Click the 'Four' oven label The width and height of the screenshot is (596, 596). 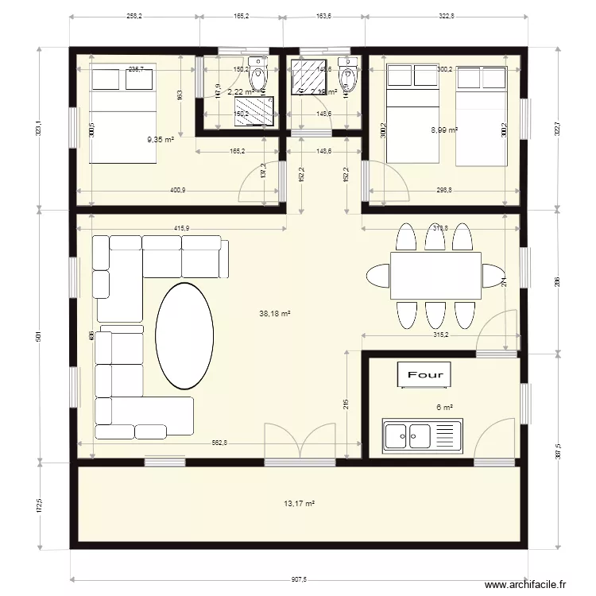428,373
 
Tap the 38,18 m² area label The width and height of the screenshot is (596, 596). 274,314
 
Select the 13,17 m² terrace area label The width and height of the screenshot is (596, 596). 299,504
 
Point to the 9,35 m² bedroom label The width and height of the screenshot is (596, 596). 161,140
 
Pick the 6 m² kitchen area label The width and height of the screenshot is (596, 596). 444,408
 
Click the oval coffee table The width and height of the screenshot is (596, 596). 184,335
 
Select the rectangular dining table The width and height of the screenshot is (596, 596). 435,275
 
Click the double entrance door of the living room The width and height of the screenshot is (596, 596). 300,442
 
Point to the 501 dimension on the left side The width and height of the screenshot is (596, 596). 38,336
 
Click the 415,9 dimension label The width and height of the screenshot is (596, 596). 181,229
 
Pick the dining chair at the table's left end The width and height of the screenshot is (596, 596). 377,276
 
